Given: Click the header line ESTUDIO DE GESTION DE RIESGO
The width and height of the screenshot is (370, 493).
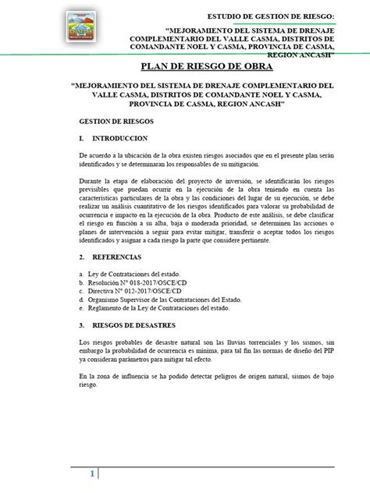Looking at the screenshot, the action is (269, 16).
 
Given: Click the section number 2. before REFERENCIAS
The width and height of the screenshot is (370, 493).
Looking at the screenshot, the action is (84, 256).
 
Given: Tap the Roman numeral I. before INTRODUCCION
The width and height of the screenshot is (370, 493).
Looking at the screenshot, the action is (82, 138).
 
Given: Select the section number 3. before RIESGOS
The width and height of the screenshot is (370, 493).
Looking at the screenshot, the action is (84, 325).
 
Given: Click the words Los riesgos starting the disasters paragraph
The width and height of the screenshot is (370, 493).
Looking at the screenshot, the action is (97, 344).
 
